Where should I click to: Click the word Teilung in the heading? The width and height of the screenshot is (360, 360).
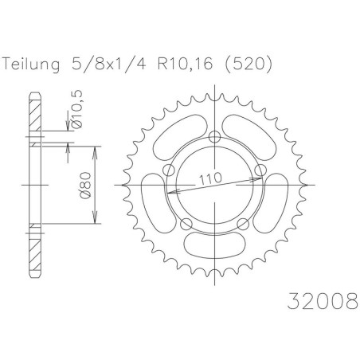coord(31,65)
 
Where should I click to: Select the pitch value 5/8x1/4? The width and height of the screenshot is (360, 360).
coord(108,64)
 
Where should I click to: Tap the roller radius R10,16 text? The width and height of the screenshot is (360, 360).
coord(185,64)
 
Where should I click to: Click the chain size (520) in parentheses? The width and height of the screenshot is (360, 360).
coord(248,65)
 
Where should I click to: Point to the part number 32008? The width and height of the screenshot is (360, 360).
coord(323,301)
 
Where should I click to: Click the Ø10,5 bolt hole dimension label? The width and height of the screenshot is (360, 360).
coord(77,109)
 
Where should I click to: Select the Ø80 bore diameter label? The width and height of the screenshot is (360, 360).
coord(85,185)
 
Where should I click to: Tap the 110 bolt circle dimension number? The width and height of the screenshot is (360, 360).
coord(210,179)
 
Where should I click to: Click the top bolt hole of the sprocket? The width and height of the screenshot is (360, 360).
coord(214,137)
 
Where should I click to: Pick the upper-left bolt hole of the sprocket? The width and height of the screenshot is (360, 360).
coord(169,170)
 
